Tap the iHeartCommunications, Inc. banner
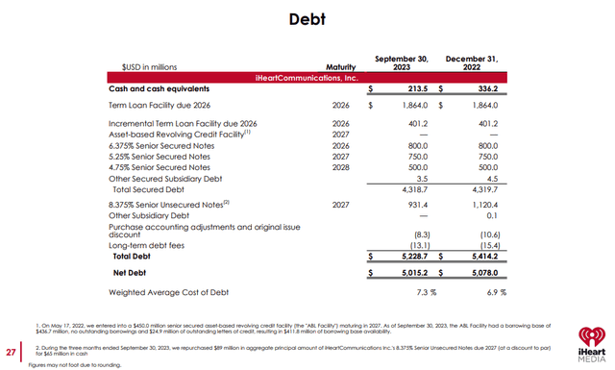[x=307, y=76]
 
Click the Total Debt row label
[x=135, y=257]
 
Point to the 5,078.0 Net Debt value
[x=487, y=273]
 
